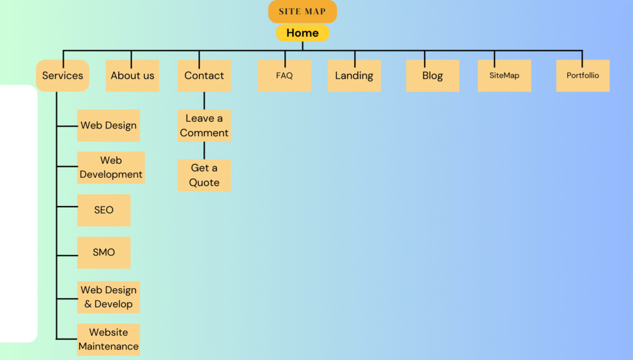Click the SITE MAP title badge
click(x=302, y=12)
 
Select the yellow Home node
click(x=302, y=33)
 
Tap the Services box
click(x=62, y=75)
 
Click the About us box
click(x=132, y=75)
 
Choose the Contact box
click(x=204, y=75)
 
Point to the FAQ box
click(x=284, y=75)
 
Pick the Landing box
click(x=354, y=75)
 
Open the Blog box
click(x=432, y=75)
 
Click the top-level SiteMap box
click(x=504, y=75)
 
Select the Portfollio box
click(x=582, y=75)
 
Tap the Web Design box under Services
click(x=108, y=126)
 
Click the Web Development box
click(x=111, y=168)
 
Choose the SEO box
click(x=104, y=210)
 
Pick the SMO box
click(x=104, y=252)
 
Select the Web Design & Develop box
click(x=108, y=297)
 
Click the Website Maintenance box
click(x=108, y=340)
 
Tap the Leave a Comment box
click(x=204, y=126)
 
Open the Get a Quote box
click(x=204, y=175)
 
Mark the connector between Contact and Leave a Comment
click(x=204, y=100)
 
